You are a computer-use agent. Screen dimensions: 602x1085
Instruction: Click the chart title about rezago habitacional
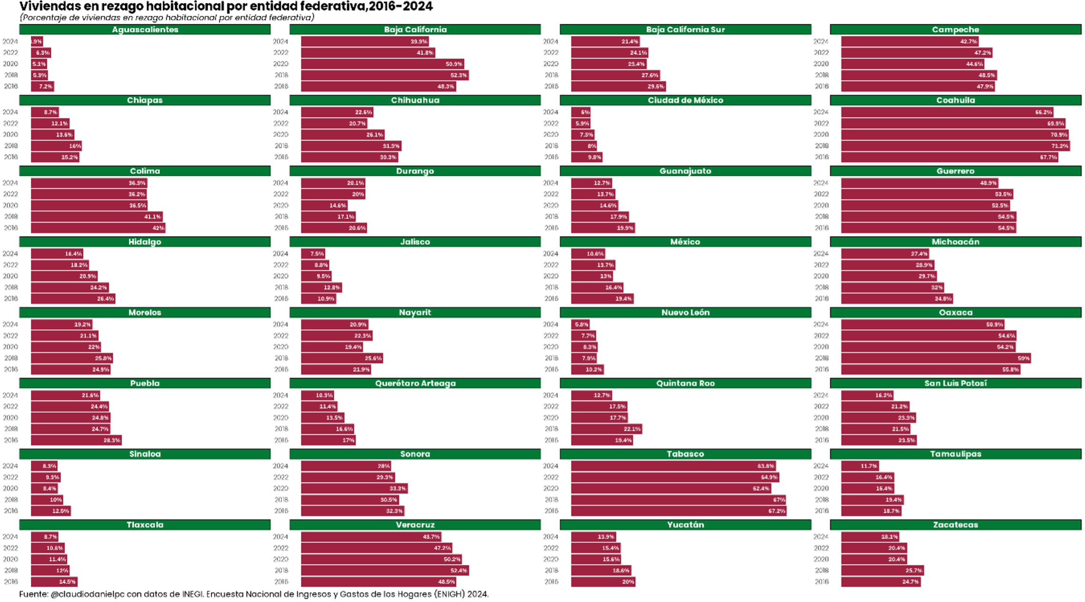(226, 6)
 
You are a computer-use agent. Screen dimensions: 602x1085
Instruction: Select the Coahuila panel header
(955, 100)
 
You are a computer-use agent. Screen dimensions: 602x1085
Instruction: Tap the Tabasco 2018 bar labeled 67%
(678, 500)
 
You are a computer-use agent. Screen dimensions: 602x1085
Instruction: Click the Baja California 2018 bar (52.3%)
(385, 75)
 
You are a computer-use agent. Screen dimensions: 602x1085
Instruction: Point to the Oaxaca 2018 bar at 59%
(936, 358)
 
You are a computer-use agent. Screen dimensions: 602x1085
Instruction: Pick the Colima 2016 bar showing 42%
(98, 228)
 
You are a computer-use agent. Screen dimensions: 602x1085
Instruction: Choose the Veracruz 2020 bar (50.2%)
(381, 559)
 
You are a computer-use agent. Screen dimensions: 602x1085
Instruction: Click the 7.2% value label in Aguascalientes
(46, 87)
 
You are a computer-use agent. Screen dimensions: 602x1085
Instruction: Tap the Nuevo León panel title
(685, 313)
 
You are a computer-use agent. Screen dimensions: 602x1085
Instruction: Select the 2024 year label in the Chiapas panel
(10, 112)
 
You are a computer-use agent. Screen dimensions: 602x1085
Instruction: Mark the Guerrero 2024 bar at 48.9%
(919, 183)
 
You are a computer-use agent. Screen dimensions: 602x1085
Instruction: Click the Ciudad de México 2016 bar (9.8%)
(587, 157)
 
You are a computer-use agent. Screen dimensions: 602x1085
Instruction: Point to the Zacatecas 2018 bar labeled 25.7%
(882, 570)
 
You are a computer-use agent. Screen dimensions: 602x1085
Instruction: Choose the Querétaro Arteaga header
(415, 384)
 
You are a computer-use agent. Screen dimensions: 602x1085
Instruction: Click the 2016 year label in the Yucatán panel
(551, 582)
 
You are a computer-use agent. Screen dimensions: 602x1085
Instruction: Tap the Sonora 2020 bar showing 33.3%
(354, 488)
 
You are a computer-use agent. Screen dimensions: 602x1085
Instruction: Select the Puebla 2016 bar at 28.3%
(76, 440)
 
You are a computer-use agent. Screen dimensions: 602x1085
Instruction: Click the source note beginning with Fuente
(254, 594)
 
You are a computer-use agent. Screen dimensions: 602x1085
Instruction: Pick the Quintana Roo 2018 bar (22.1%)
(606, 429)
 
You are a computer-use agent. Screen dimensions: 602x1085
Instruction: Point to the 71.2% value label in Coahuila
(1059, 146)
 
